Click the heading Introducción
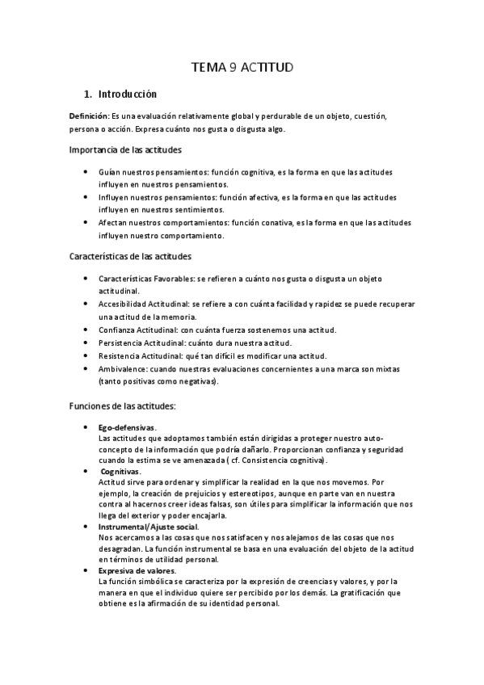[127, 94]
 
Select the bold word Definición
[88, 116]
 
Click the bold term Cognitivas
[120, 470]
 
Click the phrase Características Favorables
[145, 278]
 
